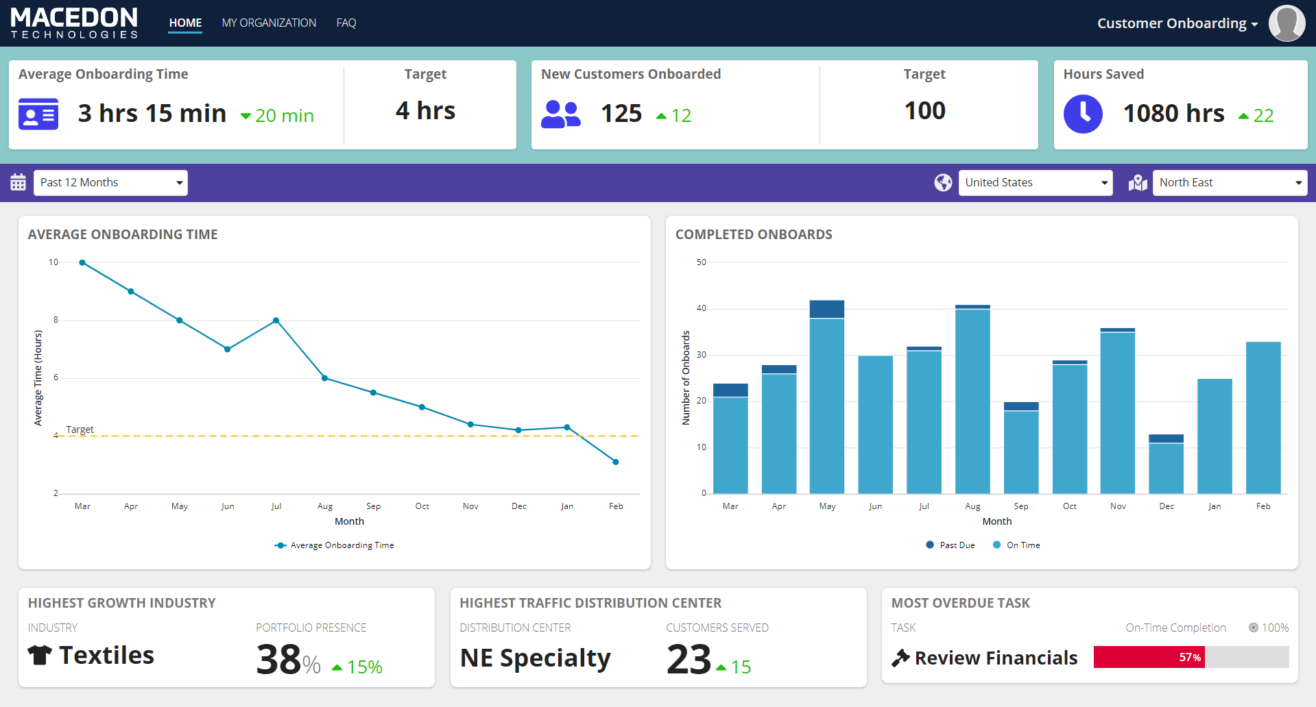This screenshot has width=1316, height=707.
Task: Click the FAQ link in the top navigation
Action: click(x=346, y=23)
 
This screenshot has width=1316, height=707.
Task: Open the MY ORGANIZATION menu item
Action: click(x=269, y=23)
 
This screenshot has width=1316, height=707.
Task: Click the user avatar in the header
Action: click(x=1287, y=23)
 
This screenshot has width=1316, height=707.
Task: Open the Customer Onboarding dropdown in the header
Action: click(x=1177, y=23)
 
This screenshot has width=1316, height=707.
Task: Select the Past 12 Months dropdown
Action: click(x=110, y=182)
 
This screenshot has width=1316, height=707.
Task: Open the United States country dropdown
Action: click(x=1035, y=182)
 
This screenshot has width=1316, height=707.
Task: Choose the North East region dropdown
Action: click(x=1230, y=182)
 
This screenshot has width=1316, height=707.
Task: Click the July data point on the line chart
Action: click(x=276, y=321)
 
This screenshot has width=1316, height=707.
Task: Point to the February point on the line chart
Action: click(x=615, y=462)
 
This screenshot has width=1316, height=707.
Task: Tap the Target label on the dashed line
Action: click(x=80, y=430)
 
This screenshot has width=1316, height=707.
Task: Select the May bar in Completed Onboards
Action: click(x=827, y=397)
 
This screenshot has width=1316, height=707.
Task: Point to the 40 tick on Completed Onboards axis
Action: click(x=701, y=308)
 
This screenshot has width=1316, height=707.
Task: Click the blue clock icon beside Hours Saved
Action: click(x=1083, y=114)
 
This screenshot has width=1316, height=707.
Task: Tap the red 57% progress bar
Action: click(x=1149, y=657)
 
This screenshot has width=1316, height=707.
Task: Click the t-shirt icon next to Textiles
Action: click(x=40, y=655)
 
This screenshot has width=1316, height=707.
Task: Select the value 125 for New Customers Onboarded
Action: click(x=621, y=114)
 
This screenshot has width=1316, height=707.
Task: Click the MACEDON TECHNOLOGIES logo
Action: click(x=74, y=23)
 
